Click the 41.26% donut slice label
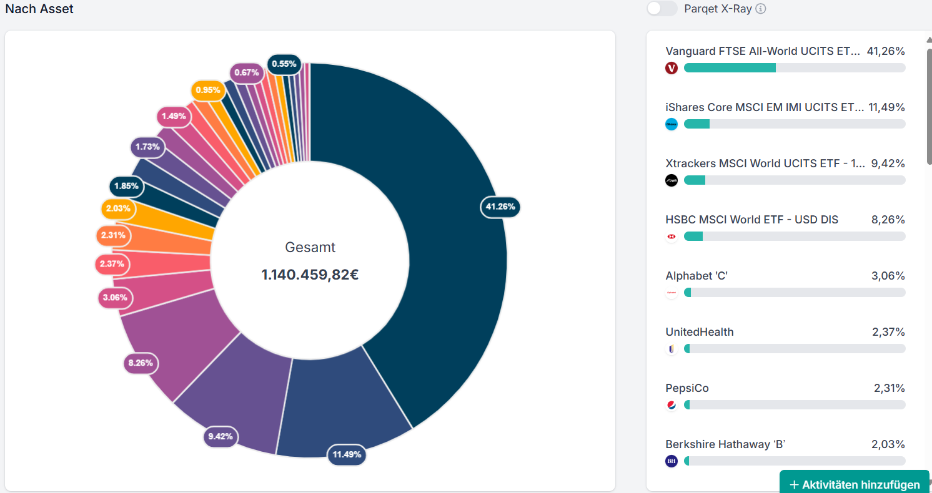pyautogui.click(x=500, y=207)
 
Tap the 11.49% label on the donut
pyautogui.click(x=347, y=454)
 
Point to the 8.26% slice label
pyautogui.click(x=141, y=363)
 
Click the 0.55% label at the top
pyautogui.click(x=284, y=64)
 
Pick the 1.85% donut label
pyautogui.click(x=126, y=186)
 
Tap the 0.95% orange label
pyautogui.click(x=207, y=90)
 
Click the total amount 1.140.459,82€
pyautogui.click(x=310, y=275)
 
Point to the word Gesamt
pyautogui.click(x=310, y=247)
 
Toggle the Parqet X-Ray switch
pyautogui.click(x=662, y=9)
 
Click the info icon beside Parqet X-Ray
pyautogui.click(x=760, y=9)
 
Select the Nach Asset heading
pyautogui.click(x=39, y=9)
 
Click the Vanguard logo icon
pyautogui.click(x=672, y=68)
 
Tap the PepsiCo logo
pyautogui.click(x=672, y=405)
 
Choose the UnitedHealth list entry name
pyautogui.click(x=700, y=332)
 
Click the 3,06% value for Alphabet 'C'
pyautogui.click(x=888, y=276)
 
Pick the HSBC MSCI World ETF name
pyautogui.click(x=751, y=220)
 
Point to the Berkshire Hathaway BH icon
pyautogui.click(x=672, y=461)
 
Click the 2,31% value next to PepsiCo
pyautogui.click(x=889, y=388)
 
